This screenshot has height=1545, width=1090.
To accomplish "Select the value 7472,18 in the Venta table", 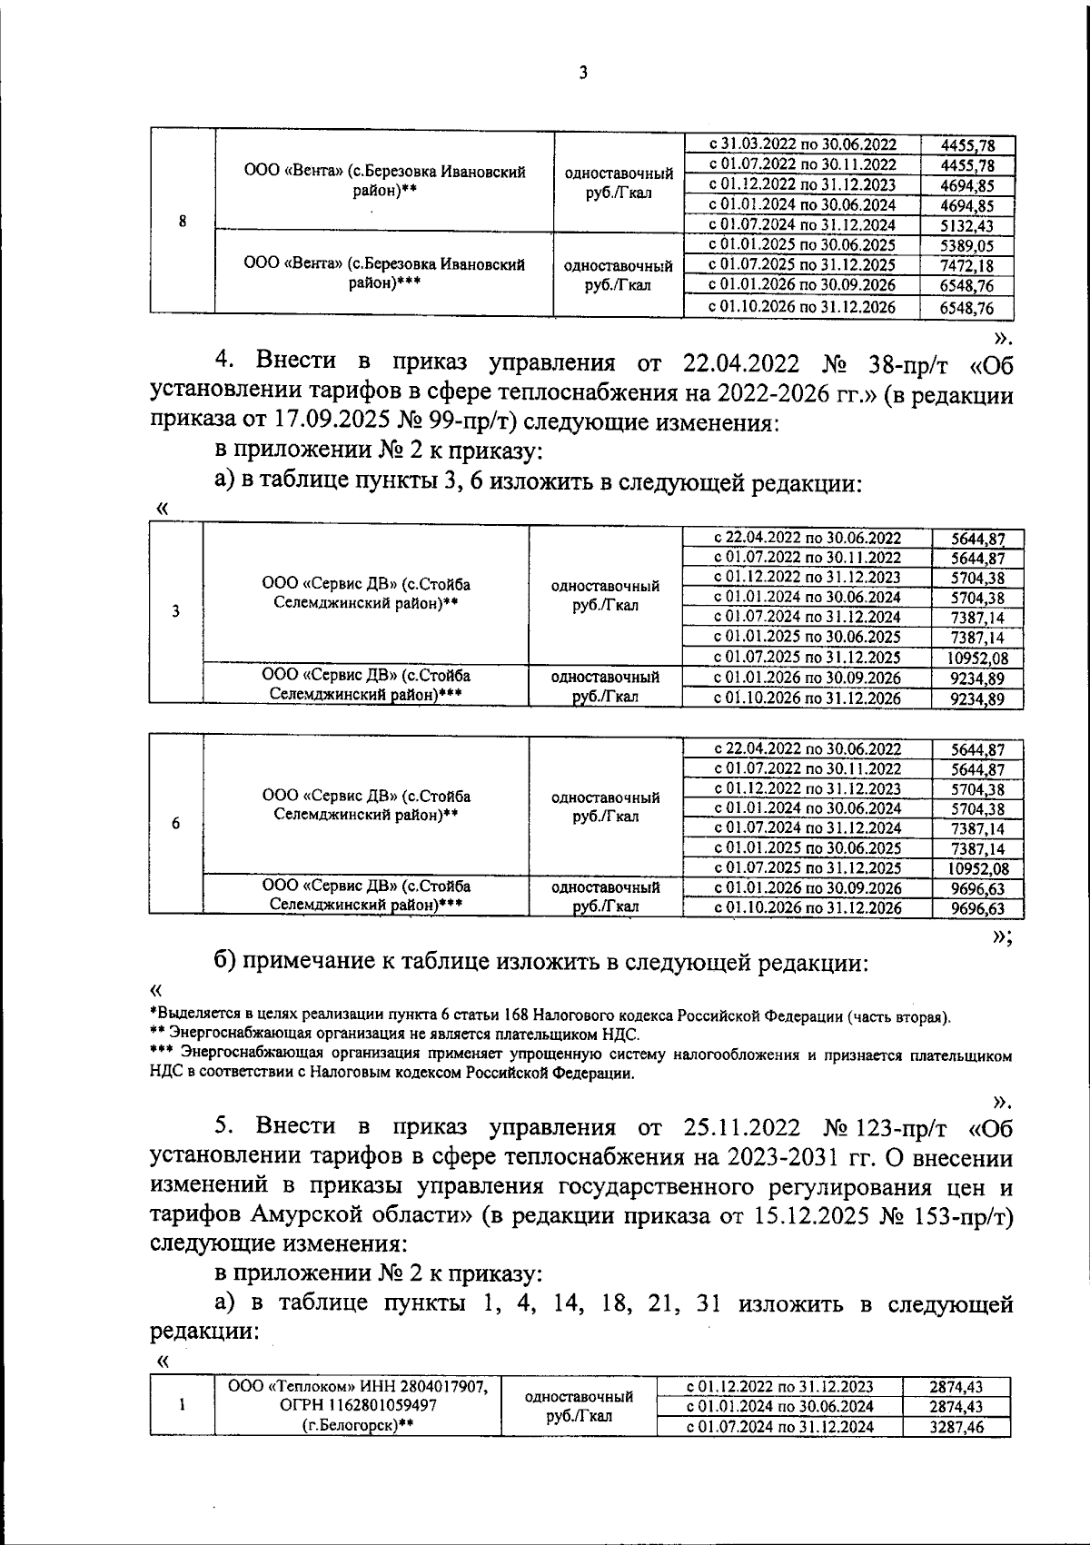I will click(x=967, y=265).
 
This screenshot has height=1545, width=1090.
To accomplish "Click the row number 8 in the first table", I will click(x=183, y=222).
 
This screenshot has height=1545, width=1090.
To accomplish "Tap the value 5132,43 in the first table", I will click(x=967, y=225).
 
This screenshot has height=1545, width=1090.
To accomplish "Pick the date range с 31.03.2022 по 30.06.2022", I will click(x=802, y=144).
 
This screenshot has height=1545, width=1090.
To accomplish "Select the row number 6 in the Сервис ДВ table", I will click(x=175, y=823).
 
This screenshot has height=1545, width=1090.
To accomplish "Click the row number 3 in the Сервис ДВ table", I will click(x=175, y=611).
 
